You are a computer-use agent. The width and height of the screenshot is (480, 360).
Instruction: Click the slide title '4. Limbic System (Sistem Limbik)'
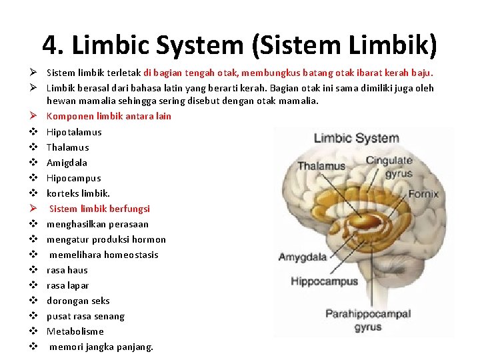pyautogui.click(x=240, y=45)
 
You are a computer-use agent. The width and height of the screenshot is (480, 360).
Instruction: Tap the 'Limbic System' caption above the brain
pyautogui.click(x=356, y=139)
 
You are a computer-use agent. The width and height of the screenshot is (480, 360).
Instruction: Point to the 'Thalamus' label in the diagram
pyautogui.click(x=321, y=166)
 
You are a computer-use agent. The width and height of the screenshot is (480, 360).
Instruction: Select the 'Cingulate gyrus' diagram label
pyautogui.click(x=389, y=167)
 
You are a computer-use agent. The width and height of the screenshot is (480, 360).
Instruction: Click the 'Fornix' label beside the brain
pyautogui.click(x=423, y=194)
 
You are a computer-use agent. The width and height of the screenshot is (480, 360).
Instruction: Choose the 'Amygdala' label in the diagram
pyautogui.click(x=303, y=257)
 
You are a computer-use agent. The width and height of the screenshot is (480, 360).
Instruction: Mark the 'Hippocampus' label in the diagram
pyautogui.click(x=324, y=281)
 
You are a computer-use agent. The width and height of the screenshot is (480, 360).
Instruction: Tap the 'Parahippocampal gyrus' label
pyautogui.click(x=368, y=320)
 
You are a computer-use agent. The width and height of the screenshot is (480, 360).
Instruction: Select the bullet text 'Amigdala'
pyautogui.click(x=67, y=163)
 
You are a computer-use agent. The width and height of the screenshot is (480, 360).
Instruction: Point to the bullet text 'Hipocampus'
pyautogui.click(x=73, y=178)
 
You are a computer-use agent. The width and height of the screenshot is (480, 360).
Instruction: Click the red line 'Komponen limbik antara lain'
pyautogui.click(x=109, y=116)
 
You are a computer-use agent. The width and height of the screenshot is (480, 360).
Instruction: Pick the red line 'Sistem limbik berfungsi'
pyautogui.click(x=99, y=209)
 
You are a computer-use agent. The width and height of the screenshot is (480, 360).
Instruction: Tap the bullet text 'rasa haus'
pyautogui.click(x=67, y=270)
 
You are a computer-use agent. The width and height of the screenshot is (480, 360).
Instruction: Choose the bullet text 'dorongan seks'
pyautogui.click(x=78, y=301)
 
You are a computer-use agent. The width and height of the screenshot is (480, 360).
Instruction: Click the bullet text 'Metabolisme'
pyautogui.click(x=75, y=331)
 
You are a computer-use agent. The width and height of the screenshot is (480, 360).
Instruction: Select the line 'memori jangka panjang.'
pyautogui.click(x=101, y=347)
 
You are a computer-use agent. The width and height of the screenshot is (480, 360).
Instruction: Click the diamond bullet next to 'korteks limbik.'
pyautogui.click(x=32, y=193)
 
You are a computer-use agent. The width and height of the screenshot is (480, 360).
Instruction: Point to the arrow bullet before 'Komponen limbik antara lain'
pyautogui.click(x=32, y=116)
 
